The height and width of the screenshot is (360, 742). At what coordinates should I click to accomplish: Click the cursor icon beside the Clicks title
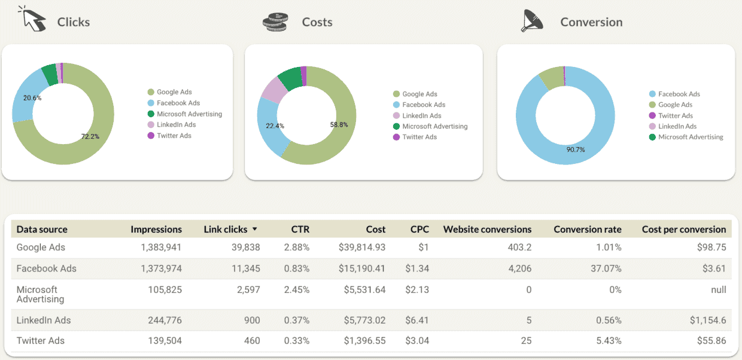[33, 19]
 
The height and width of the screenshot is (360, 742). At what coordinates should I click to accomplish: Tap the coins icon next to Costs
[275, 22]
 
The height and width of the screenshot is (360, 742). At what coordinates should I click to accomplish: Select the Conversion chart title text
[591, 22]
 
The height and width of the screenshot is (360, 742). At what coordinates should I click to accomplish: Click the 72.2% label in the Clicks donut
[90, 136]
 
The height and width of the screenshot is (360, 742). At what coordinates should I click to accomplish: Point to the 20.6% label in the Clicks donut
[32, 97]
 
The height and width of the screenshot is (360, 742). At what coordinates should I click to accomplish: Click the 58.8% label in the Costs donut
[337, 124]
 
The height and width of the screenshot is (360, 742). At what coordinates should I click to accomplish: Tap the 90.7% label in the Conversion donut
[575, 150]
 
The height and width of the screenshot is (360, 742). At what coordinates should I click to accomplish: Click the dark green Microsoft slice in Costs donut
[290, 78]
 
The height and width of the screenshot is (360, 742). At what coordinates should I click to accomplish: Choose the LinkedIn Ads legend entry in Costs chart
[421, 115]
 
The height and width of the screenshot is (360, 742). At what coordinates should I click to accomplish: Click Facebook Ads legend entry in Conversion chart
[679, 94]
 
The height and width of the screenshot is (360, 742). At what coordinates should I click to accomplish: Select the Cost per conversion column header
[683, 229]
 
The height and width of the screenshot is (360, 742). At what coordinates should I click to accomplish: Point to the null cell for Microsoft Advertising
[719, 289]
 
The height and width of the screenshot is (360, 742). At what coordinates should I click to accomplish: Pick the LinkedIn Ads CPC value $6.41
[416, 320]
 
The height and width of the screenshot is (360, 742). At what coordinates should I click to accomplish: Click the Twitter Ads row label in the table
[40, 340]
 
